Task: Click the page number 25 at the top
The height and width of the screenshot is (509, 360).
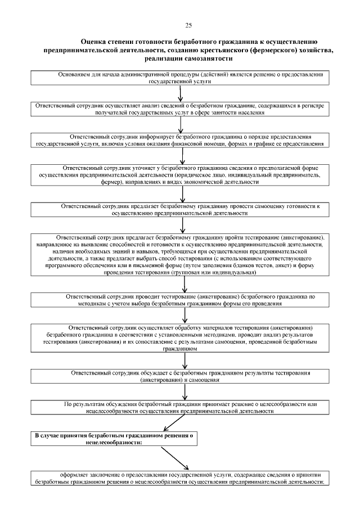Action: (188, 25)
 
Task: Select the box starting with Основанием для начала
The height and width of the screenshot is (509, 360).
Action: (179, 78)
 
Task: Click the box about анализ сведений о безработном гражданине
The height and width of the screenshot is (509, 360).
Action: (179, 109)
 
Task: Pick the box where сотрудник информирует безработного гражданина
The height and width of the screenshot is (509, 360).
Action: (179, 140)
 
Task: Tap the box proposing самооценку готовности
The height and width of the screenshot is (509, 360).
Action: (179, 210)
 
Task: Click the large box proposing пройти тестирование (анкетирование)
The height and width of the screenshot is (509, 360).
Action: (179, 254)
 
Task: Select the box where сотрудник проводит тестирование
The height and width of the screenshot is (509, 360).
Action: (179, 299)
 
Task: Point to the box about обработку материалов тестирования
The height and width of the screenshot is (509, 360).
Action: (179, 337)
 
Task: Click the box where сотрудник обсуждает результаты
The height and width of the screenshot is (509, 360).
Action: (179, 376)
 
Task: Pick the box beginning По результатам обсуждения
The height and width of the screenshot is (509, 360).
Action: (179, 407)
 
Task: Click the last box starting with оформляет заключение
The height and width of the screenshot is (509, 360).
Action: (179, 478)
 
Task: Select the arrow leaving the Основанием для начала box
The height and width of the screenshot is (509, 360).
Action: (180, 93)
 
